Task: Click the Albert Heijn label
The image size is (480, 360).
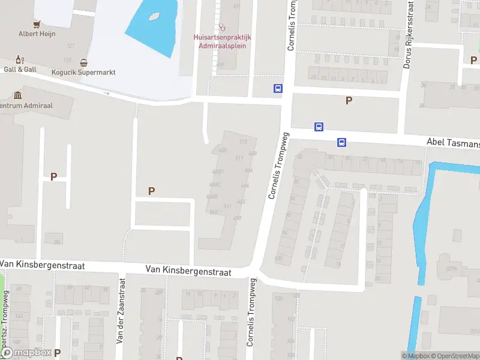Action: click(37, 34)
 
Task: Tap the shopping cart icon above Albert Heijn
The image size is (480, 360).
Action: click(37, 24)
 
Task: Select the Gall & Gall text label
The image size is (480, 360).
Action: click(20, 70)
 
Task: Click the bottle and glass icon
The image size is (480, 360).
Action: click(20, 59)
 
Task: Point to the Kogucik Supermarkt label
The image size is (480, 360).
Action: click(83, 73)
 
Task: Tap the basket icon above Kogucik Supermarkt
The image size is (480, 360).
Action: click(83, 62)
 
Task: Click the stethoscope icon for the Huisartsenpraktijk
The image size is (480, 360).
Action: click(223, 26)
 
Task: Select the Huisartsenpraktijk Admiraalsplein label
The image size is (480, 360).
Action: click(222, 41)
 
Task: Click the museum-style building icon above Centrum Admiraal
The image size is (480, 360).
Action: click(17, 95)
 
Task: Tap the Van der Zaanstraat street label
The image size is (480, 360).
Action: click(121, 310)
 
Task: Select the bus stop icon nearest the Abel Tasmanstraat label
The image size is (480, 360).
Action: click(341, 142)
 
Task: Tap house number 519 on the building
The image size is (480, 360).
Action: click(243, 142)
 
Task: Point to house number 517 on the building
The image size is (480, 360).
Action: click(239, 158)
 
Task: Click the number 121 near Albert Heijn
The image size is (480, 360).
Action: click(71, 46)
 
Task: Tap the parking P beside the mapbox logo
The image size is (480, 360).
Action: click(57, 353)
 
